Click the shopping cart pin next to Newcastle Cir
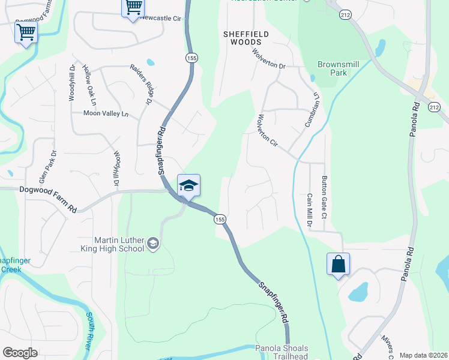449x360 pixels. click(133, 8)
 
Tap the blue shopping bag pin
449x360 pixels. click(338, 264)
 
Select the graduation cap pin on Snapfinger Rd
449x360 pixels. click(188, 186)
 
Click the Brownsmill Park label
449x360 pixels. click(331, 68)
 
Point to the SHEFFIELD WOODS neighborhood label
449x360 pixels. click(243, 38)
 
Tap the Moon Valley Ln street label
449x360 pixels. click(106, 113)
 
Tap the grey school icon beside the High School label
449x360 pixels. click(153, 244)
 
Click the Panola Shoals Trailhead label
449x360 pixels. click(282, 352)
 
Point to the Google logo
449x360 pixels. click(21, 353)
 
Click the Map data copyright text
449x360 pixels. click(423, 355)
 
